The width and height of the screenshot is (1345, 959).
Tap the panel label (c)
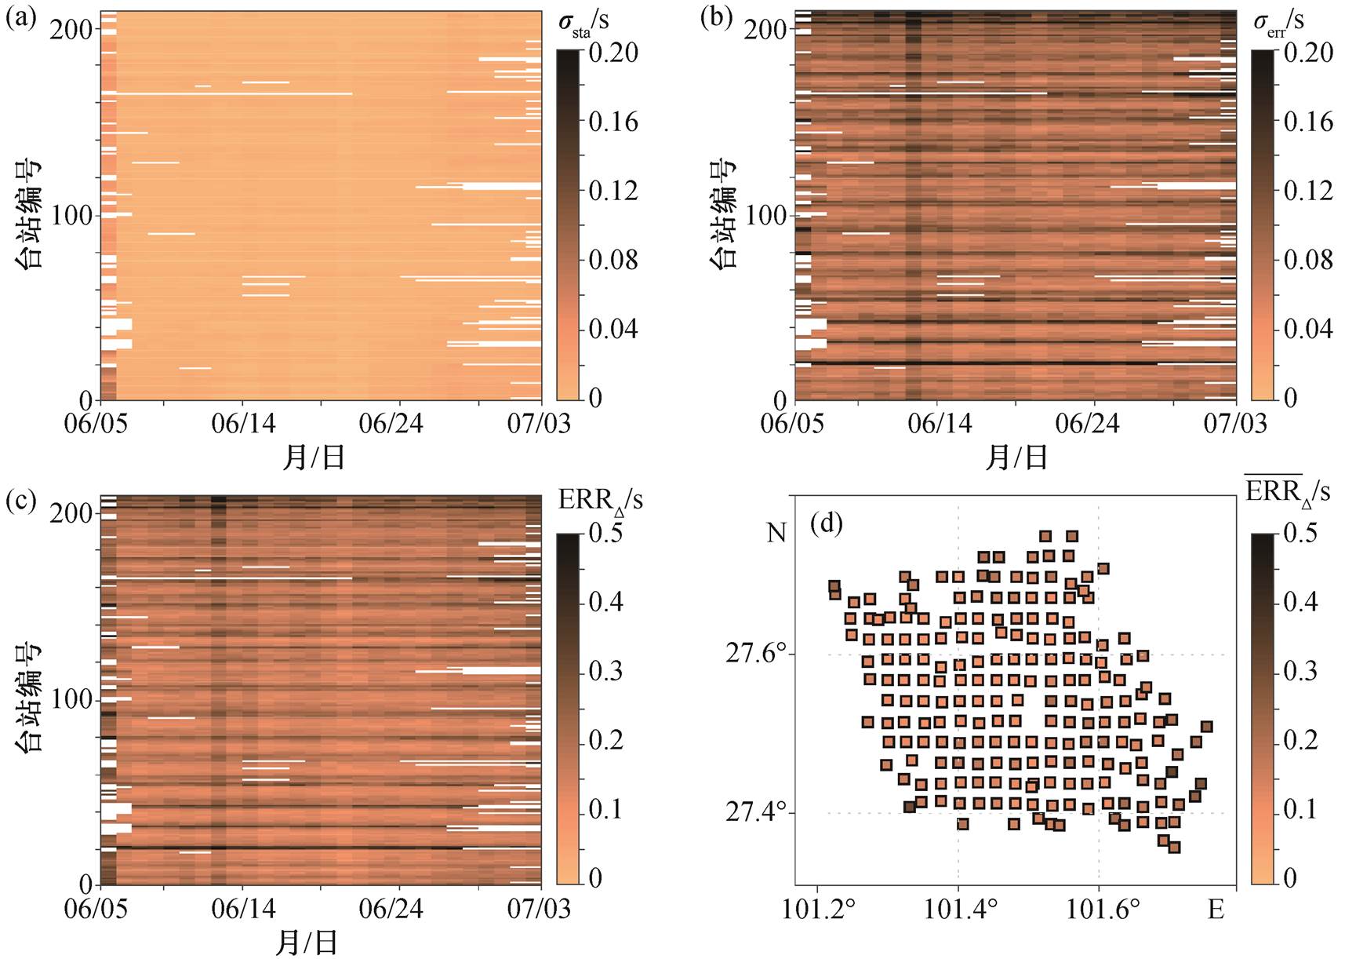point(20,500)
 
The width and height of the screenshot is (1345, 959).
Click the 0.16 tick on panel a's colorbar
point(613,122)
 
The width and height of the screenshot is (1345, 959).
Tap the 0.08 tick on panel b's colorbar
point(1308,259)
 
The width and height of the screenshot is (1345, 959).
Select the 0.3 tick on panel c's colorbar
point(606,671)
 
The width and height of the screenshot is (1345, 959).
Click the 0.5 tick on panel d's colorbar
point(1301,533)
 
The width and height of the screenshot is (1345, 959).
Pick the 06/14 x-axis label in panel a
point(243,424)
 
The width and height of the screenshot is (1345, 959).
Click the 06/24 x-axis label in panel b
point(1087,424)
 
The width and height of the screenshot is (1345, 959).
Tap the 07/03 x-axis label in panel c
point(539,909)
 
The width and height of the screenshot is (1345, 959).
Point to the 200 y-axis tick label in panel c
point(72,513)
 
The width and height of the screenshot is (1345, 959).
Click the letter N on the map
point(776,534)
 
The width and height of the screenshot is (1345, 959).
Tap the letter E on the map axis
point(1216,909)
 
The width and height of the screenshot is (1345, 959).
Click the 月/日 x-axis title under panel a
point(313,457)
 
